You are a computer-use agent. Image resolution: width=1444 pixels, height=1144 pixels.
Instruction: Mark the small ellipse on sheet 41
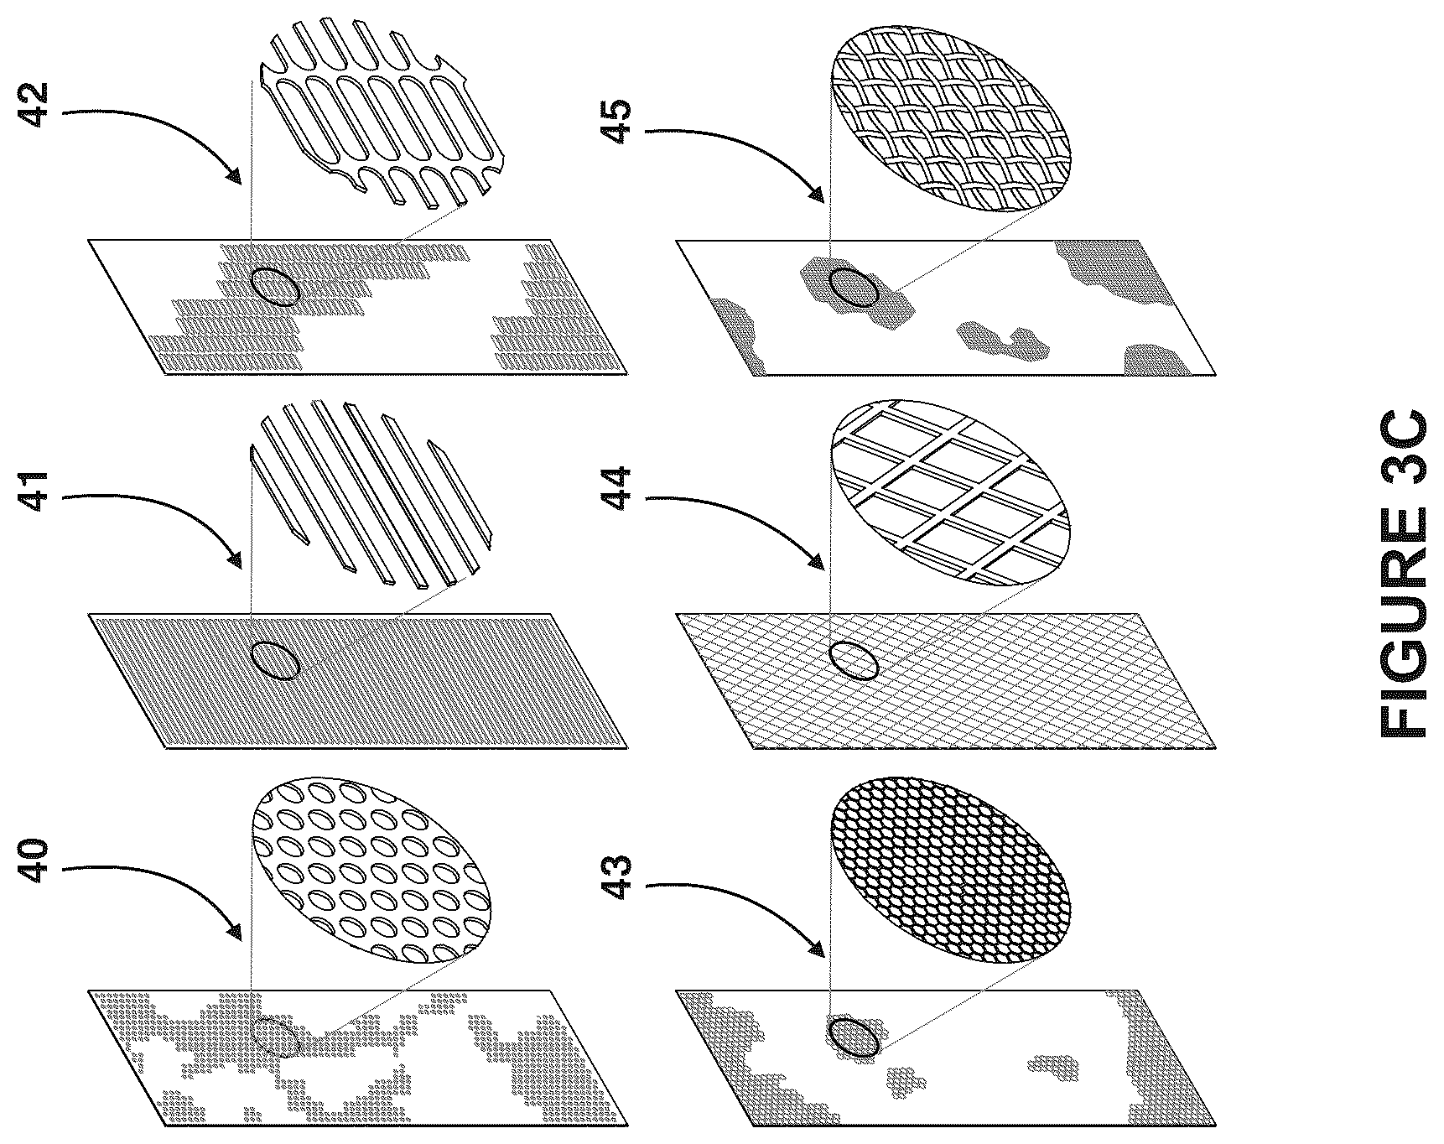(275, 660)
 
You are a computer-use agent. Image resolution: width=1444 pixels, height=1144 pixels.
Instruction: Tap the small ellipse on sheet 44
(854, 661)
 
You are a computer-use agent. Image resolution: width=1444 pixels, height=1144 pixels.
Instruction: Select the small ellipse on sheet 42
(275, 287)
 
